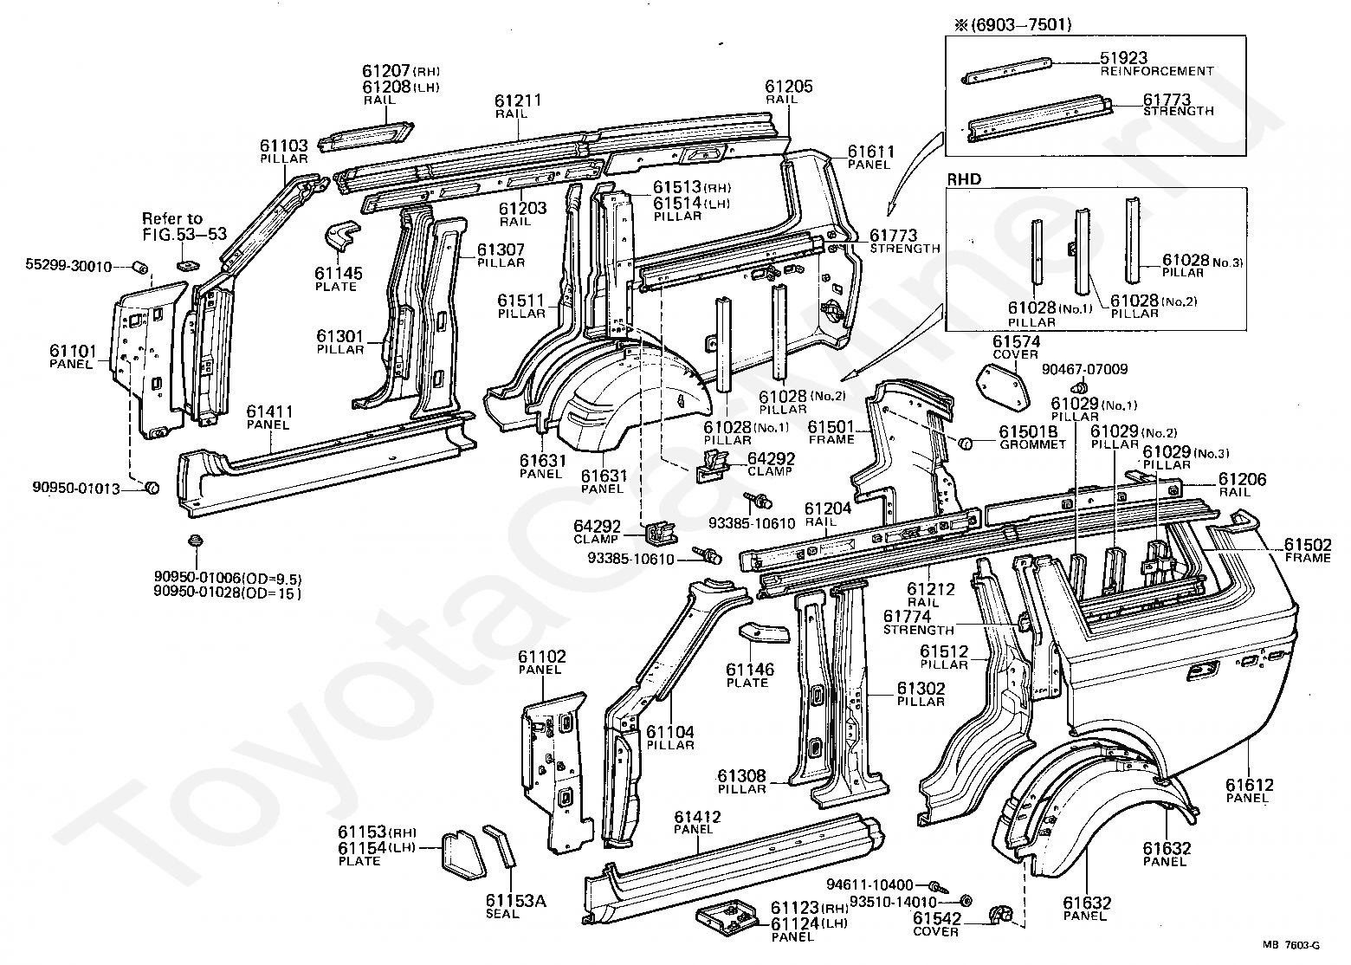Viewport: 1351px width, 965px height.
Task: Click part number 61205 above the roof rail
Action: point(789,87)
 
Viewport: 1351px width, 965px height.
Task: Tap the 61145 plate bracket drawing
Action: point(343,239)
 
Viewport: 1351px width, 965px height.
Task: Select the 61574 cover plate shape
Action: point(1002,386)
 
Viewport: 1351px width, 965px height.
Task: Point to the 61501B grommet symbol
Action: point(965,444)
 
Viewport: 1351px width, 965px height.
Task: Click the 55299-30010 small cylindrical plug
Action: point(140,266)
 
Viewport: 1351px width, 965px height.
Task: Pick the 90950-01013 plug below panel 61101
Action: point(152,487)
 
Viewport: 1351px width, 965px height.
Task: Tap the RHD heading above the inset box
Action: point(964,179)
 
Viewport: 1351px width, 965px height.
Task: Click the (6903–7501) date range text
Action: point(1012,25)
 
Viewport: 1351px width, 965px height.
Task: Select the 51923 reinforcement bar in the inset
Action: point(1006,70)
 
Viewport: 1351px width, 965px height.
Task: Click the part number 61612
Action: point(1249,786)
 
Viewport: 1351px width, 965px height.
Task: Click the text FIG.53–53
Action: point(184,233)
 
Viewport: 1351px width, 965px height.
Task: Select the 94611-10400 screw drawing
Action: point(939,886)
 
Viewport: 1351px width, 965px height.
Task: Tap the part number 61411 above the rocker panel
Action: point(269,412)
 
